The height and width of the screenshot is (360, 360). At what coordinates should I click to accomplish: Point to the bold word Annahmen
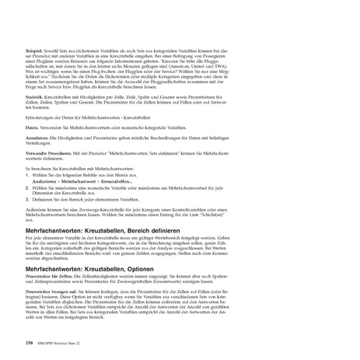37,137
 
